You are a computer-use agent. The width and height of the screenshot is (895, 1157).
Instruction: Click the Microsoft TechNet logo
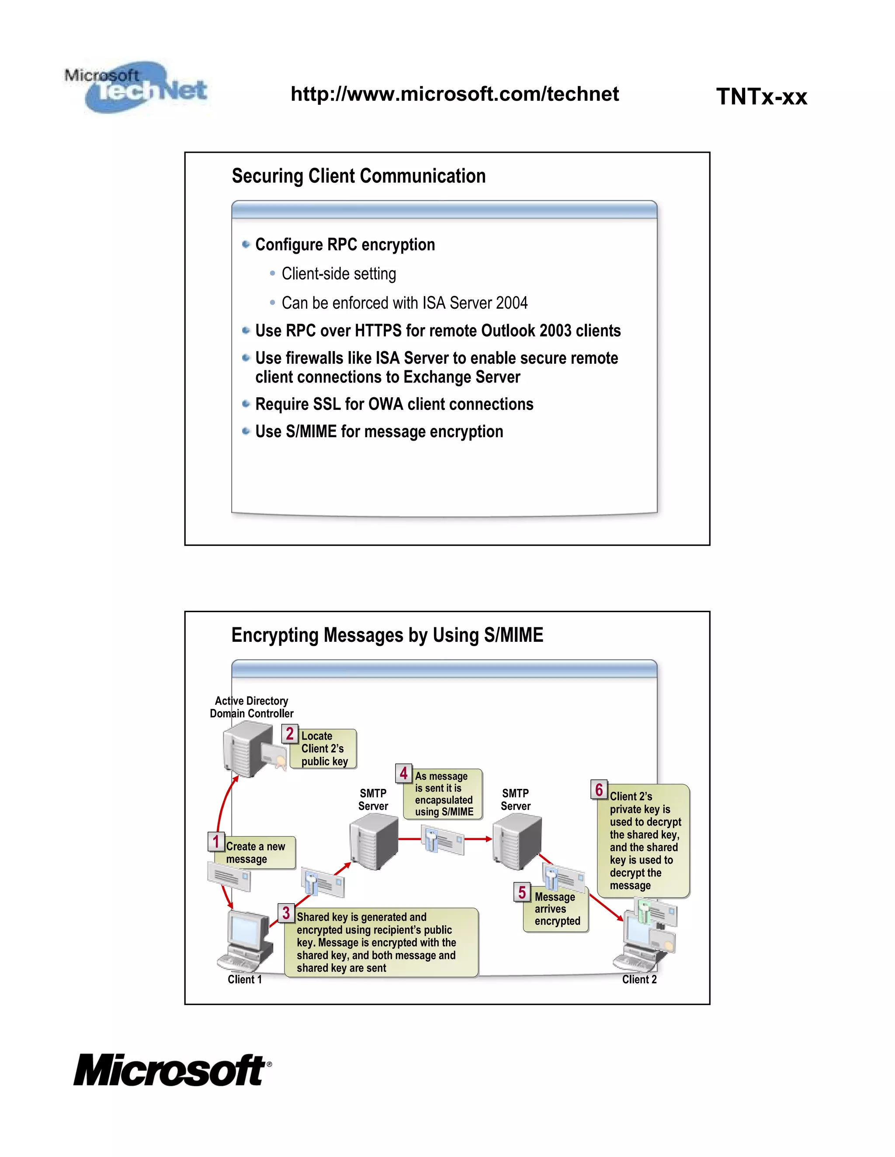136,86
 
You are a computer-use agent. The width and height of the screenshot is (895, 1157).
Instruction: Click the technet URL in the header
454,94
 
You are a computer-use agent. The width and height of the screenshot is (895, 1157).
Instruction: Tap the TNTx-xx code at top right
761,97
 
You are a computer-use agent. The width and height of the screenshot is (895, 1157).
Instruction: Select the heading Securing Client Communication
358,176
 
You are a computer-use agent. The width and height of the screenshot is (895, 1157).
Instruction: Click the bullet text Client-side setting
338,274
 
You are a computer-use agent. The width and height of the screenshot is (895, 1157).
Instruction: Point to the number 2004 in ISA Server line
512,303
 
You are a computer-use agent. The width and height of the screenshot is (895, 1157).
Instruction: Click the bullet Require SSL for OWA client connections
394,404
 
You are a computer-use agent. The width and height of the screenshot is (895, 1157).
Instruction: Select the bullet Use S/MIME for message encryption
379,432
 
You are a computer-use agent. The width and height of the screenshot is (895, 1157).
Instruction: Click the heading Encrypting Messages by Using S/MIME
387,635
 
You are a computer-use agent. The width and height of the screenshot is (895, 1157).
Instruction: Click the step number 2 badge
289,734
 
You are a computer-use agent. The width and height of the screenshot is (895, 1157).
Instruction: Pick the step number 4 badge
403,774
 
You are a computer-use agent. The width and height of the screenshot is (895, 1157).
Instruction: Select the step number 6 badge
599,790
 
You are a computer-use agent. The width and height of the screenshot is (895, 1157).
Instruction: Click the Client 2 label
639,980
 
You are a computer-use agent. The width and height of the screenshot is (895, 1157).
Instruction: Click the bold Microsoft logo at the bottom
171,1071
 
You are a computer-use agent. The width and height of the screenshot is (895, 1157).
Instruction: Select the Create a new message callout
256,853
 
